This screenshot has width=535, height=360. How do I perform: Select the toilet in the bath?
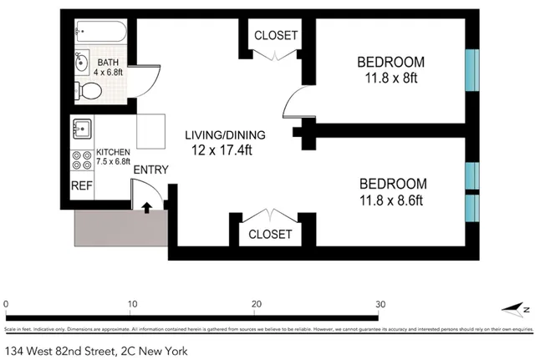[x=85, y=89]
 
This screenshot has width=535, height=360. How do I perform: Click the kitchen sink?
[x=83, y=129]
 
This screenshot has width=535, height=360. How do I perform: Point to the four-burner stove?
[x=83, y=160]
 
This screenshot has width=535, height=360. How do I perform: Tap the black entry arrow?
[x=148, y=207]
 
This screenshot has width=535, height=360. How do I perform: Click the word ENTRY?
[x=150, y=170]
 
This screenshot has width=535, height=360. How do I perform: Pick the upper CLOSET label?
[x=275, y=35]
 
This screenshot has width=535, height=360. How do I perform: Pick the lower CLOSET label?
[x=270, y=235]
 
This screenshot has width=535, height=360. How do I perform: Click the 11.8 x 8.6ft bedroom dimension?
[x=392, y=200]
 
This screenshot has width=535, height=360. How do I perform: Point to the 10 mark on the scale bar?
[x=132, y=304]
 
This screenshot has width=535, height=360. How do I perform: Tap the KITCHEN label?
[x=113, y=152]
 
